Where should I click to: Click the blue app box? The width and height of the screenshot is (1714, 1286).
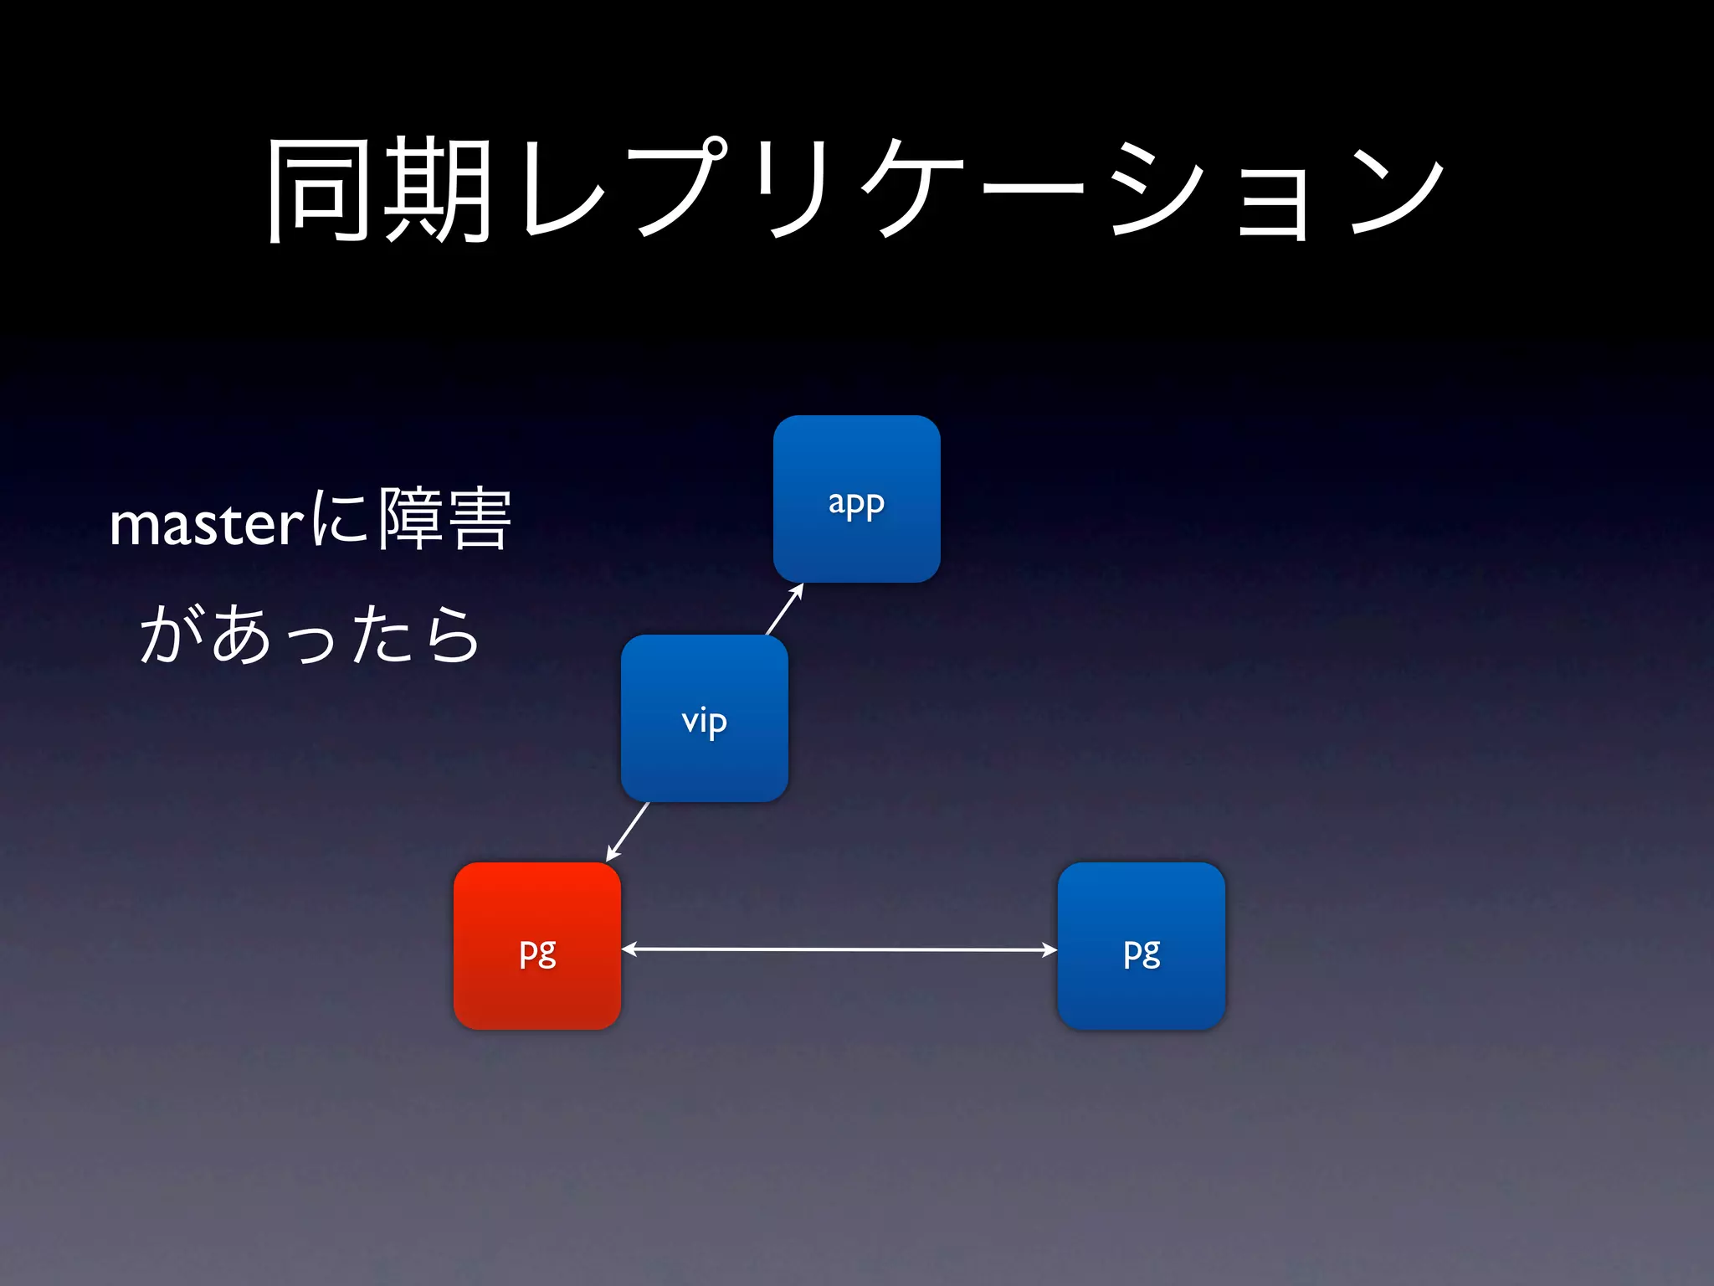click(856, 499)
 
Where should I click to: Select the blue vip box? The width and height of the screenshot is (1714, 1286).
click(704, 718)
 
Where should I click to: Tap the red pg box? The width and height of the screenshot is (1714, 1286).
click(537, 946)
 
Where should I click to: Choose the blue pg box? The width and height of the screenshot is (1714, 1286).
click(1141, 946)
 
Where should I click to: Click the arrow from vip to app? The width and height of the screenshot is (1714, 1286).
click(785, 609)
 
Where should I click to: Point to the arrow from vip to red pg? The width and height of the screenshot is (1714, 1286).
click(627, 831)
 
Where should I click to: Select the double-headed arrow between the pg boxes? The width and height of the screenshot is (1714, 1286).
click(839, 949)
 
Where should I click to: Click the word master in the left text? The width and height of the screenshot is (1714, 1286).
click(206, 525)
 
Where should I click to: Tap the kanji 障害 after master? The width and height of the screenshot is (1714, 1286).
click(444, 520)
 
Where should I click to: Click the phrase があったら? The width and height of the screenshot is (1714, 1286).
click(310, 635)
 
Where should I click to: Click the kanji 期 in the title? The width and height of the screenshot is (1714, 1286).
click(437, 190)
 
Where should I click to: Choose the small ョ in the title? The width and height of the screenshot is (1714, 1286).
click(1272, 201)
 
